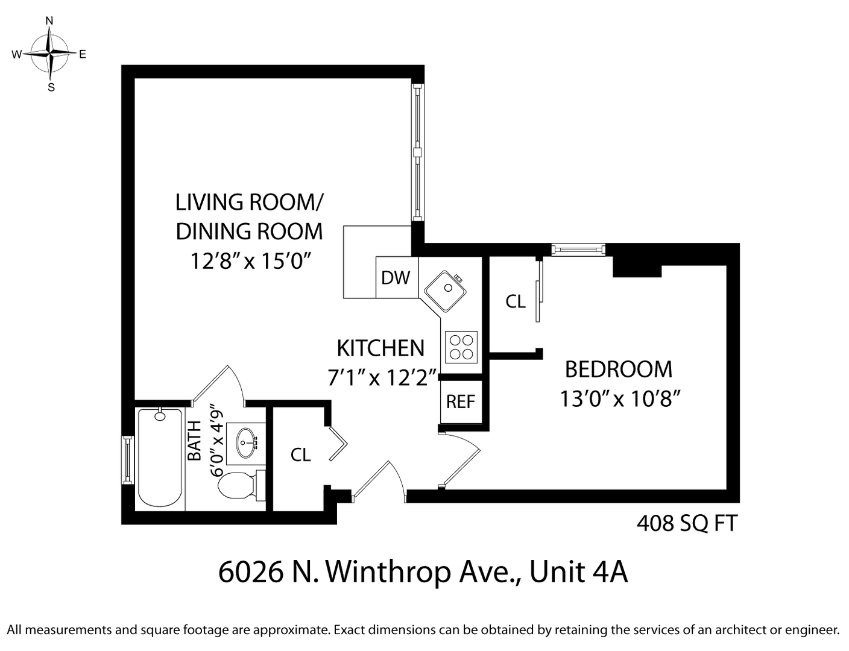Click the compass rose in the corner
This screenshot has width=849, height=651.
coord(50,54)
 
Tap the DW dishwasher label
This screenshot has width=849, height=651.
coord(396,277)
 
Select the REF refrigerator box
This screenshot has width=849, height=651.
coord(461,401)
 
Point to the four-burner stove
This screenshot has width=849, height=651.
coord(461,347)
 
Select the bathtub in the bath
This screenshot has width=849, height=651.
coord(160,458)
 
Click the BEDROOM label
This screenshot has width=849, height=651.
coord(618,369)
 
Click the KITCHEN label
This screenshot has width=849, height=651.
coord(380,348)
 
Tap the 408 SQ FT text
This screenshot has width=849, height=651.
coord(687,523)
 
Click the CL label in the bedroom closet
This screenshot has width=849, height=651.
coord(516,301)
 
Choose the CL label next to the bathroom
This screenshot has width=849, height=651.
coord(300,454)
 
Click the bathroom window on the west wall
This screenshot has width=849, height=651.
coord(127,459)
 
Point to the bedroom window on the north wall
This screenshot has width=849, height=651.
coord(578,249)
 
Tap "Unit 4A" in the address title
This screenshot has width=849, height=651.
coord(578,572)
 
